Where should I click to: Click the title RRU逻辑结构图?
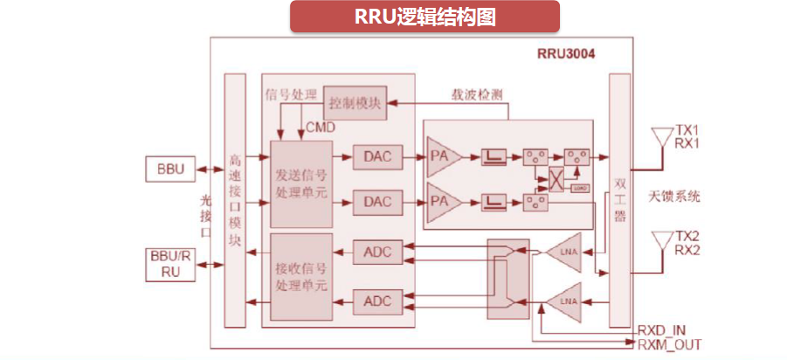(425, 17)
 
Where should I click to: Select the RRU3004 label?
(565, 53)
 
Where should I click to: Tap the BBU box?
(171, 169)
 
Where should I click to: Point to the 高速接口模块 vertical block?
(235, 201)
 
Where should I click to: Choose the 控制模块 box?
(356, 103)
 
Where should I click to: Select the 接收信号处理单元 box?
(301, 276)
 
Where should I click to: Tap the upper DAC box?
(377, 157)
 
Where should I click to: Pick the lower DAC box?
(377, 202)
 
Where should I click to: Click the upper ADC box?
(377, 253)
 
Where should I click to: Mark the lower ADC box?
(377, 301)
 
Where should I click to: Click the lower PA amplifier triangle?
(445, 202)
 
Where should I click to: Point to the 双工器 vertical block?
(619, 201)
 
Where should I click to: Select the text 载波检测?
(475, 94)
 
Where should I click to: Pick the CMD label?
(321, 128)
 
